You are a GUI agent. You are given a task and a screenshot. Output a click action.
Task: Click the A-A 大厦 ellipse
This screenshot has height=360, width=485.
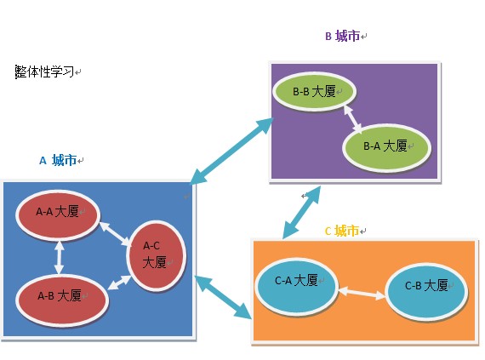(57, 212)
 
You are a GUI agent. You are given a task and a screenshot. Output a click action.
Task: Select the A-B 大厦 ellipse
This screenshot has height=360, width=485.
(61, 295)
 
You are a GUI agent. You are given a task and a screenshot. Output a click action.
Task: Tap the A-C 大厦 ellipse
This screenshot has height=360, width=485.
(156, 254)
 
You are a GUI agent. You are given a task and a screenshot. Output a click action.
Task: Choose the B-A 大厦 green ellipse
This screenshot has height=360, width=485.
(385, 146)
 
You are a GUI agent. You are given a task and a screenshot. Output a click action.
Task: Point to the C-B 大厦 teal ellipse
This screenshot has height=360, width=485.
(426, 286)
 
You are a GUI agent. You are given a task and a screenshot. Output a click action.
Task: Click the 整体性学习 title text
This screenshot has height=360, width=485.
(45, 72)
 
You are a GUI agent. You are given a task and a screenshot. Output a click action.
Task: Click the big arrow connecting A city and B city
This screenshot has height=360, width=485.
(231, 151)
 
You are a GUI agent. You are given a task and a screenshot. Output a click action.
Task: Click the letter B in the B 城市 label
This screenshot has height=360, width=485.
(328, 37)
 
